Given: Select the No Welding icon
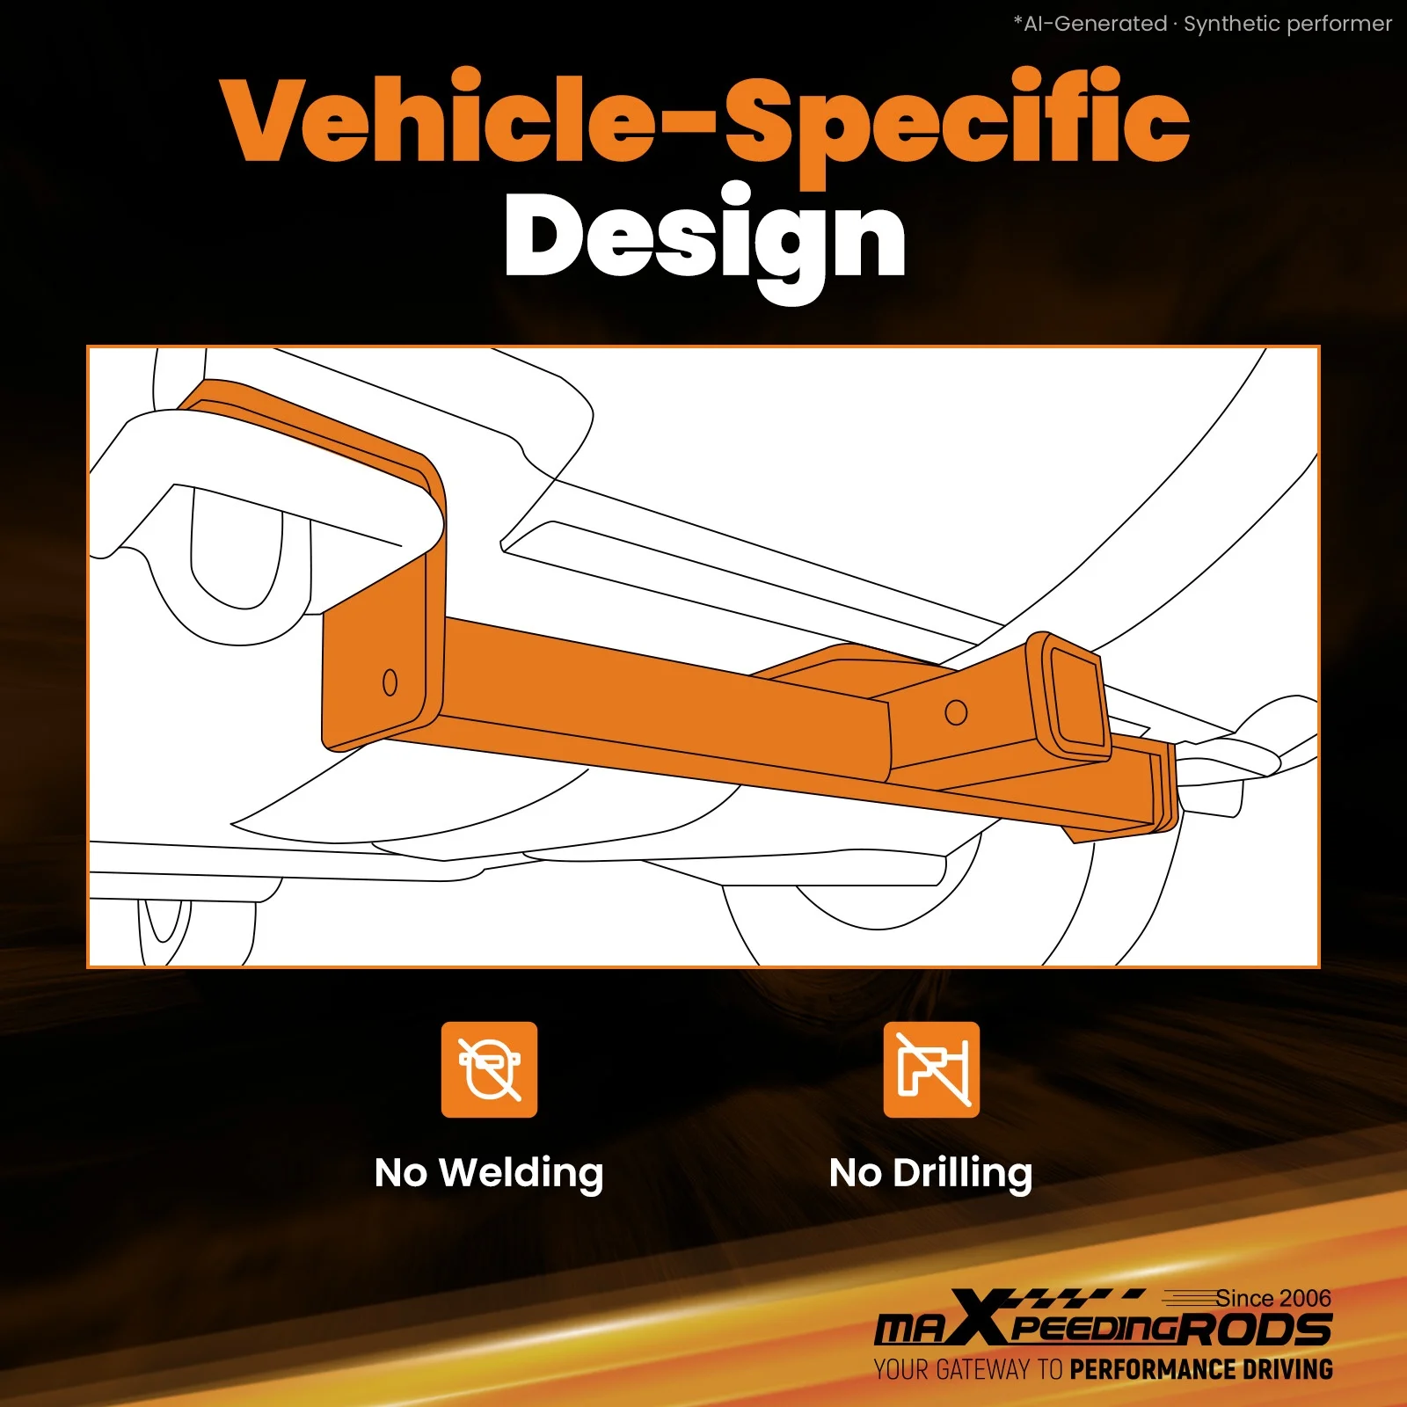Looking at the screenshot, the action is pyautogui.click(x=489, y=1069).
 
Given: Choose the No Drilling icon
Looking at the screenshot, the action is pyautogui.click(x=931, y=1069).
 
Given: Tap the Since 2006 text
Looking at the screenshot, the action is pyautogui.click(x=1273, y=1298).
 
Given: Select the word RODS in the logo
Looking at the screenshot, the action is pyautogui.click(x=1256, y=1329).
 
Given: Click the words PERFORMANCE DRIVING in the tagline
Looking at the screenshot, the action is pyautogui.click(x=1201, y=1369).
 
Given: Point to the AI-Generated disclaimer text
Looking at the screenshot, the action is pyautogui.click(x=1203, y=24).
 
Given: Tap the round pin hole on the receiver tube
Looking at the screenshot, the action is pyautogui.click(x=956, y=712).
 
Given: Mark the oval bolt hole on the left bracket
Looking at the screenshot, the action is pyautogui.click(x=390, y=682).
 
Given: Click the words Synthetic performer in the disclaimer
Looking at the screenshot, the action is pyautogui.click(x=1288, y=24).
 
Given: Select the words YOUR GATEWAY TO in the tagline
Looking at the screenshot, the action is pyautogui.click(x=968, y=1369).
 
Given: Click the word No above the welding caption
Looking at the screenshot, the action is pyautogui.click(x=401, y=1173).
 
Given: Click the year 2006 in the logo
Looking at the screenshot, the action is pyautogui.click(x=1306, y=1298).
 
